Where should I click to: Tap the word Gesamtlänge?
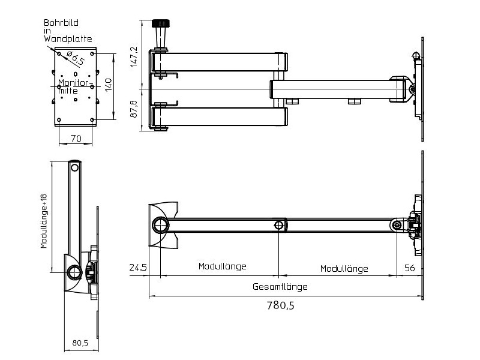280,287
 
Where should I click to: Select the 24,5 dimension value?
137,268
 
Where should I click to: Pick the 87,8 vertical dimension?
134,109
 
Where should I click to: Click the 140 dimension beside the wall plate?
108,85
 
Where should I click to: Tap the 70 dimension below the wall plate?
76,138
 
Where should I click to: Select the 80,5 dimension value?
80,343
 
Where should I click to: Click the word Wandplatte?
67,38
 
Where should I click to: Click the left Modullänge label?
222,266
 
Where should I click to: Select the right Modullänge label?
344,268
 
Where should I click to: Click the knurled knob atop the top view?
160,25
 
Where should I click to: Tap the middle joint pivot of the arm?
279,226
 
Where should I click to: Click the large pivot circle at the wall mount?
161,225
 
